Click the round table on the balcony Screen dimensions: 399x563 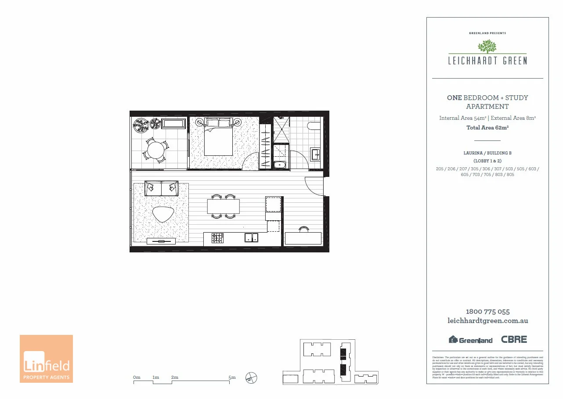coord(155,150)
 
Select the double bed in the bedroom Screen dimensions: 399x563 coord(218,137)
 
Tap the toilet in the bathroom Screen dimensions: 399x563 coord(314,126)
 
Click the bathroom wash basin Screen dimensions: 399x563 coord(316,154)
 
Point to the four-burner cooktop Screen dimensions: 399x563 coord(217,238)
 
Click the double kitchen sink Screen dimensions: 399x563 coord(252,238)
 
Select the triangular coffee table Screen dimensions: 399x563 coord(163,214)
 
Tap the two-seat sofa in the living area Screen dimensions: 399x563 coord(161,188)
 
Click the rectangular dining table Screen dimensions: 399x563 coord(224,206)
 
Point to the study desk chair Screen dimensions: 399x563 coord(303,229)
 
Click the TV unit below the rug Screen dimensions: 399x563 coord(161,241)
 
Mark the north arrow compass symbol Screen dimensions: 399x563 coord(252,377)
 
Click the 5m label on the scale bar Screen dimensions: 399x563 coord(232,377)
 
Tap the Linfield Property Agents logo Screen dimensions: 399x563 coord(46,359)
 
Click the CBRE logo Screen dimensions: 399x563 coord(514,339)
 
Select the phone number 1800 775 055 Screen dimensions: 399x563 coord(487,312)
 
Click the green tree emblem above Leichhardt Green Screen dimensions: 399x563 coord(487,47)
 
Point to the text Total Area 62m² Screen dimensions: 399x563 coord(487,128)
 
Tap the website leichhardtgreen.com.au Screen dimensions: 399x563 coord(487,321)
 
